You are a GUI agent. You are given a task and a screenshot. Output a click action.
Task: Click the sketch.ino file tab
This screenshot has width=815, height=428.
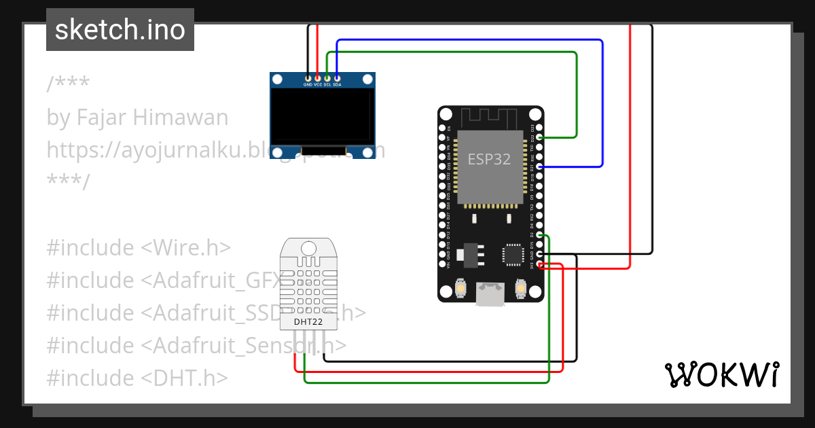coord(120,30)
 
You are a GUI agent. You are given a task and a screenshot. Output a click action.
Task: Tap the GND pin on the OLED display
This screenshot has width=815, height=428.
coord(308,79)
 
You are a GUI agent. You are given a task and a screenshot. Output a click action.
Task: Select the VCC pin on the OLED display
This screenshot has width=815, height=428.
coord(318,79)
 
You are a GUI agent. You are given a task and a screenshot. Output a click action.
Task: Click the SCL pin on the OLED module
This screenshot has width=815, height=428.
coord(327,79)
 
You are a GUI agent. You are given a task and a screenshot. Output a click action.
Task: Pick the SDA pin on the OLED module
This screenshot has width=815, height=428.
coord(337,79)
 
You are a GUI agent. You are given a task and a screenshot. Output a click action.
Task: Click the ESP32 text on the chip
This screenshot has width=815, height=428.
coord(490,160)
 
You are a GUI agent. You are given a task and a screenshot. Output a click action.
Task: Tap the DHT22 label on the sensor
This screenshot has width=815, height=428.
coord(309,321)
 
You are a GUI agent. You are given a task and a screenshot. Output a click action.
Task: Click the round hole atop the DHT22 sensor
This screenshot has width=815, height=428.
coord(309,248)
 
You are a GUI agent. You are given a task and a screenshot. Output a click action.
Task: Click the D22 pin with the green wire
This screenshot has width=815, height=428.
coord(540,137)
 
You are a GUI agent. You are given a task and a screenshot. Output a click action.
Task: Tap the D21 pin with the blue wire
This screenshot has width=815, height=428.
coord(540,166)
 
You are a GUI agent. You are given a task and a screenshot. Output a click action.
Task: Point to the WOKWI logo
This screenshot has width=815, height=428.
coord(721,374)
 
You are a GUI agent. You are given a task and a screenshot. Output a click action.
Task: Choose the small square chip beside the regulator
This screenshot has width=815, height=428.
coord(511,253)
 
